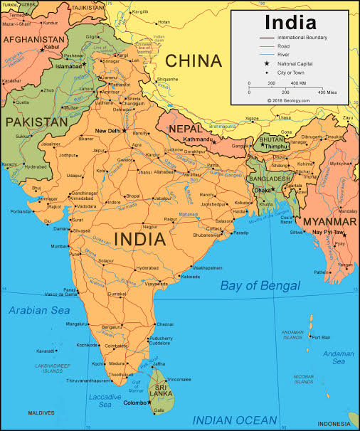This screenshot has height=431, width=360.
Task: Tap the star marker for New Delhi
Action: tap(124, 130)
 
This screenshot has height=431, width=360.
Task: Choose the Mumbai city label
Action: tap(58, 246)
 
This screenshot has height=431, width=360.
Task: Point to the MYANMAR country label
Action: tap(330, 220)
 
